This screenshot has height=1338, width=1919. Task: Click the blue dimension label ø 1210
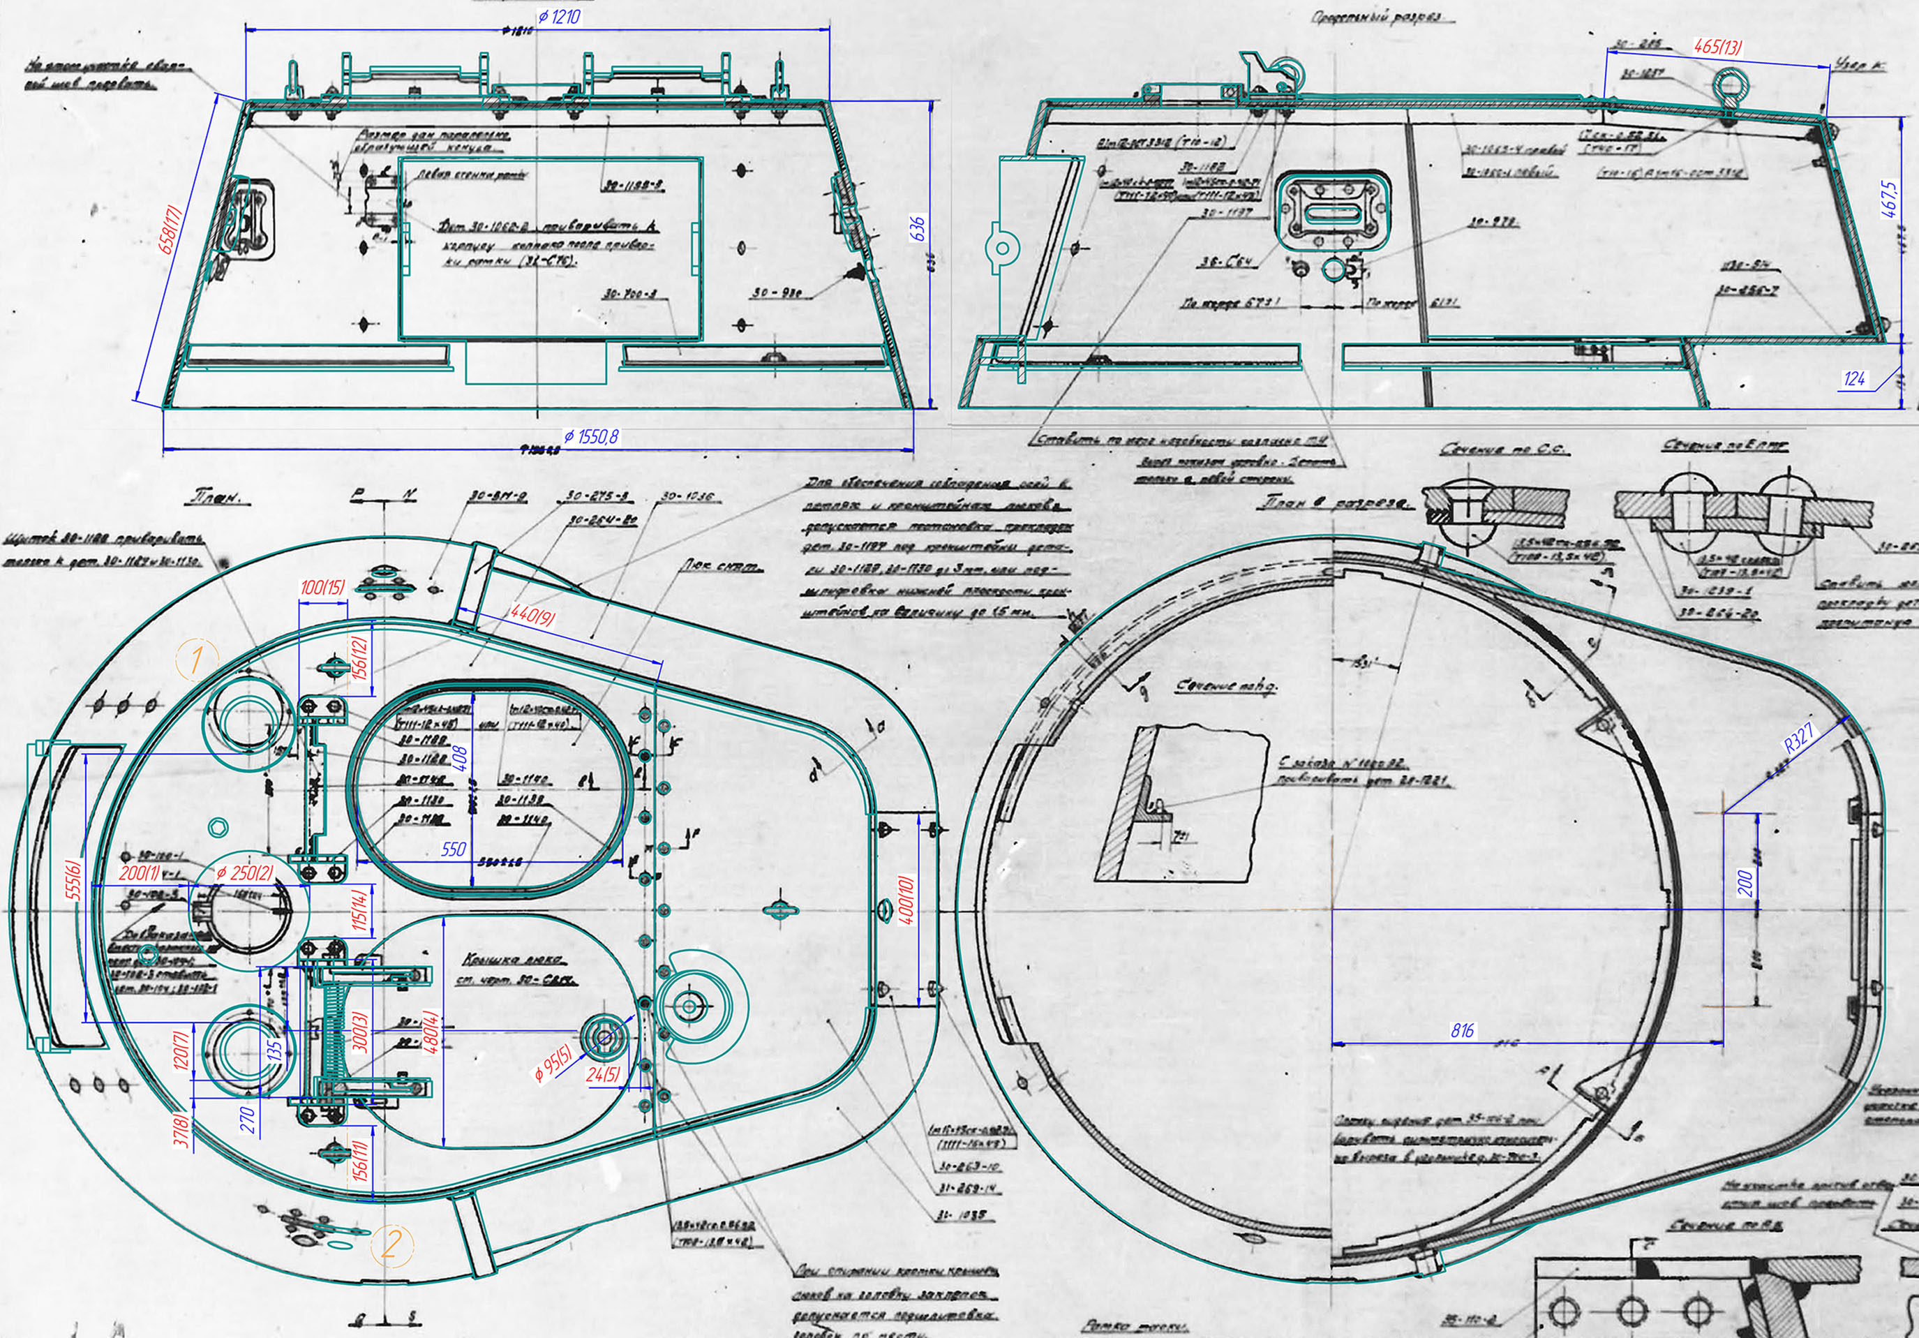(x=559, y=17)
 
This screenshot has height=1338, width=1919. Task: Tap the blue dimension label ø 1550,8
(x=591, y=436)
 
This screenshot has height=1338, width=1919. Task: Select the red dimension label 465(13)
(x=1717, y=47)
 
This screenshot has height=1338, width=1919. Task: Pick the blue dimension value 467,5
(x=1890, y=199)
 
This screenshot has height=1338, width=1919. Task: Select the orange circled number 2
(x=391, y=1245)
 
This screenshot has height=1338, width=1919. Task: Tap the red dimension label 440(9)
(x=532, y=617)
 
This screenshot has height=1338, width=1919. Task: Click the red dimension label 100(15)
(x=322, y=588)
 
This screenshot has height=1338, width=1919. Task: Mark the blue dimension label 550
(x=453, y=850)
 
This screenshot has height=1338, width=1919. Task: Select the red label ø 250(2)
(x=244, y=873)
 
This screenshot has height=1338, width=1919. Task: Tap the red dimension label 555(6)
(x=73, y=879)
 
